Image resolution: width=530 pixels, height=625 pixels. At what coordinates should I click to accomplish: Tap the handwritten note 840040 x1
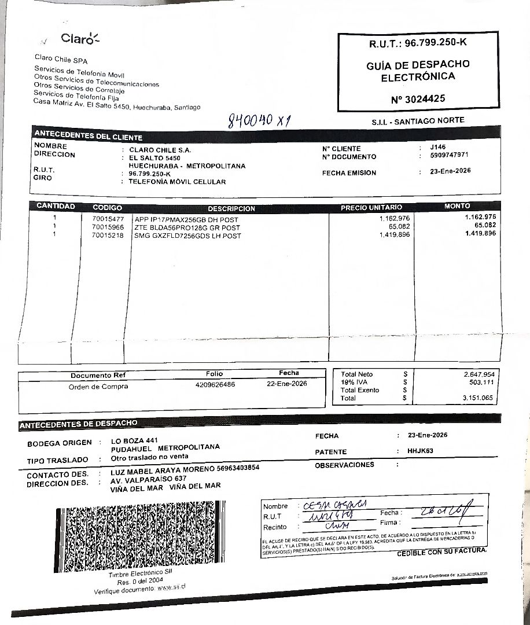pos(259,120)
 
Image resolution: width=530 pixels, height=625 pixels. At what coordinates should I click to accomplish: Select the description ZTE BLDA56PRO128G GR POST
pos(187,227)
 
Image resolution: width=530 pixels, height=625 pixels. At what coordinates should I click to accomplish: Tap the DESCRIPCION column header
pos(231,208)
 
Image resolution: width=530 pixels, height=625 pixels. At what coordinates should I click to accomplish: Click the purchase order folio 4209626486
pos(215,384)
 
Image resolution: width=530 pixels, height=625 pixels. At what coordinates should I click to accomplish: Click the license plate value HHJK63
pos(420,451)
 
